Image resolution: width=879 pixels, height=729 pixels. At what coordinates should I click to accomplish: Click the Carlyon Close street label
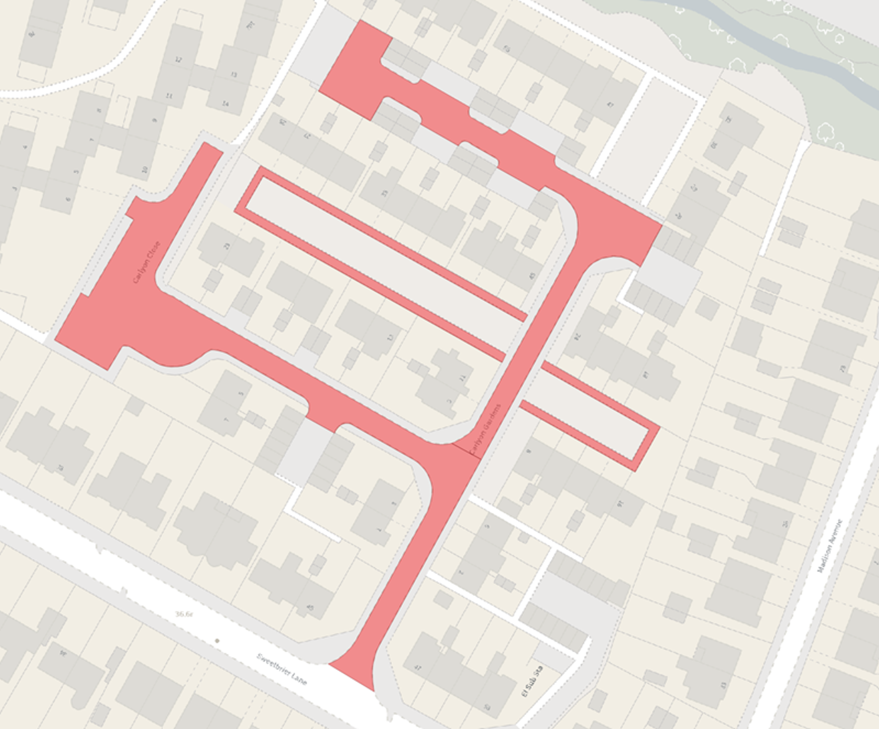click(146, 262)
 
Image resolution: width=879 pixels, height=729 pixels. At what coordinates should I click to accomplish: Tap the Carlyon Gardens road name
click(484, 430)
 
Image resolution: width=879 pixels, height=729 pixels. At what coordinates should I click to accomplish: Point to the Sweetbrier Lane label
click(281, 669)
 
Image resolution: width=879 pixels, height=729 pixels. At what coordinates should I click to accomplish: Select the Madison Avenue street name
click(830, 546)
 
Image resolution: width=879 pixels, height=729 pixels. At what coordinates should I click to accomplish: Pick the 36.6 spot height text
click(184, 614)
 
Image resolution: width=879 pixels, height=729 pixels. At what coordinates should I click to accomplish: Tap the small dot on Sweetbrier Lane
click(217, 641)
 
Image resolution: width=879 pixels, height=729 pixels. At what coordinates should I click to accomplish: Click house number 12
click(179, 60)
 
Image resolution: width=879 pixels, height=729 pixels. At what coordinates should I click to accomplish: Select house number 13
click(234, 75)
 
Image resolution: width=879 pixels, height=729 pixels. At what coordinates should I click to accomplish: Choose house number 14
click(225, 104)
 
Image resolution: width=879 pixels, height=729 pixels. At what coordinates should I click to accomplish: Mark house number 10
click(145, 170)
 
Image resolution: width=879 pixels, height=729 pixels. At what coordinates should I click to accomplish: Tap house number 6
click(68, 199)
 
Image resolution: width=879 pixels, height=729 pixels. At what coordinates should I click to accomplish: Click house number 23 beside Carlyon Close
click(227, 246)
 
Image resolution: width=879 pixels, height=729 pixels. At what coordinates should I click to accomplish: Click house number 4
click(25, 146)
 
